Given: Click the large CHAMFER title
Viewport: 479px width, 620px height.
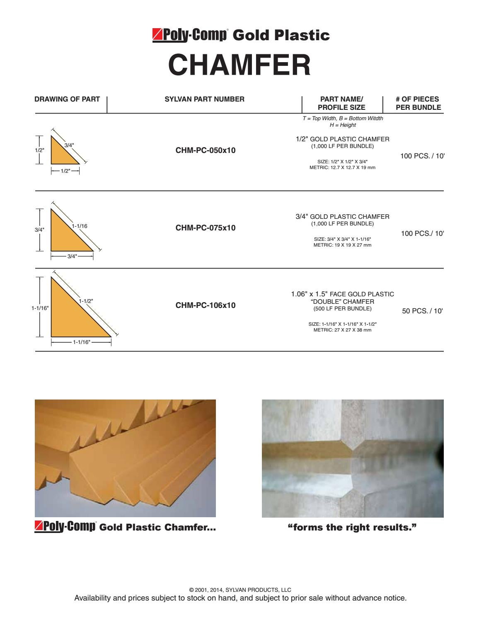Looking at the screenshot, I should [239, 65].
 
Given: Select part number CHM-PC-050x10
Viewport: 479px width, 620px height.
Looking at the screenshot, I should [206, 150].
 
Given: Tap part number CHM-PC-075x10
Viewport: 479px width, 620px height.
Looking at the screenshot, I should [206, 228].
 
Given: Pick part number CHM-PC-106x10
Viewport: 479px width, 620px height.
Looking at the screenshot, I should [206, 305].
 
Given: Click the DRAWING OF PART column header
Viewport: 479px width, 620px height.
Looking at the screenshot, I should [67, 99].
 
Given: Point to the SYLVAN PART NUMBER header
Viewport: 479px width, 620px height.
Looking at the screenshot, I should [205, 99].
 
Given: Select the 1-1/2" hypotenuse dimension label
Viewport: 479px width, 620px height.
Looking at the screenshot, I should [86, 301].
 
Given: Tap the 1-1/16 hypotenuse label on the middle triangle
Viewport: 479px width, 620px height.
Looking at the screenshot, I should [80, 226].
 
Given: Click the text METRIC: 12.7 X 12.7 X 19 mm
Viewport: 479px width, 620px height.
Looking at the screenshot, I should [343, 167].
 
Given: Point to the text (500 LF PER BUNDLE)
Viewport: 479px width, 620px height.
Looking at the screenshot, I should [343, 309].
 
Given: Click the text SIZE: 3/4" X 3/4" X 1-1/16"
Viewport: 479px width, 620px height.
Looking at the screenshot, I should [343, 239].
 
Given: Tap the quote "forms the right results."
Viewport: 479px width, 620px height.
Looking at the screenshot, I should [352, 528].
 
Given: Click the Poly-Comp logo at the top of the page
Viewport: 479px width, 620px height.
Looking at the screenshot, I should [190, 35].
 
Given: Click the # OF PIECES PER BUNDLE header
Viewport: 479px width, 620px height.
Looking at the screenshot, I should [418, 103].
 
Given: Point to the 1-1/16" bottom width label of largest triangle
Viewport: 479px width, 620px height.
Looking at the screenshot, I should [81, 342].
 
